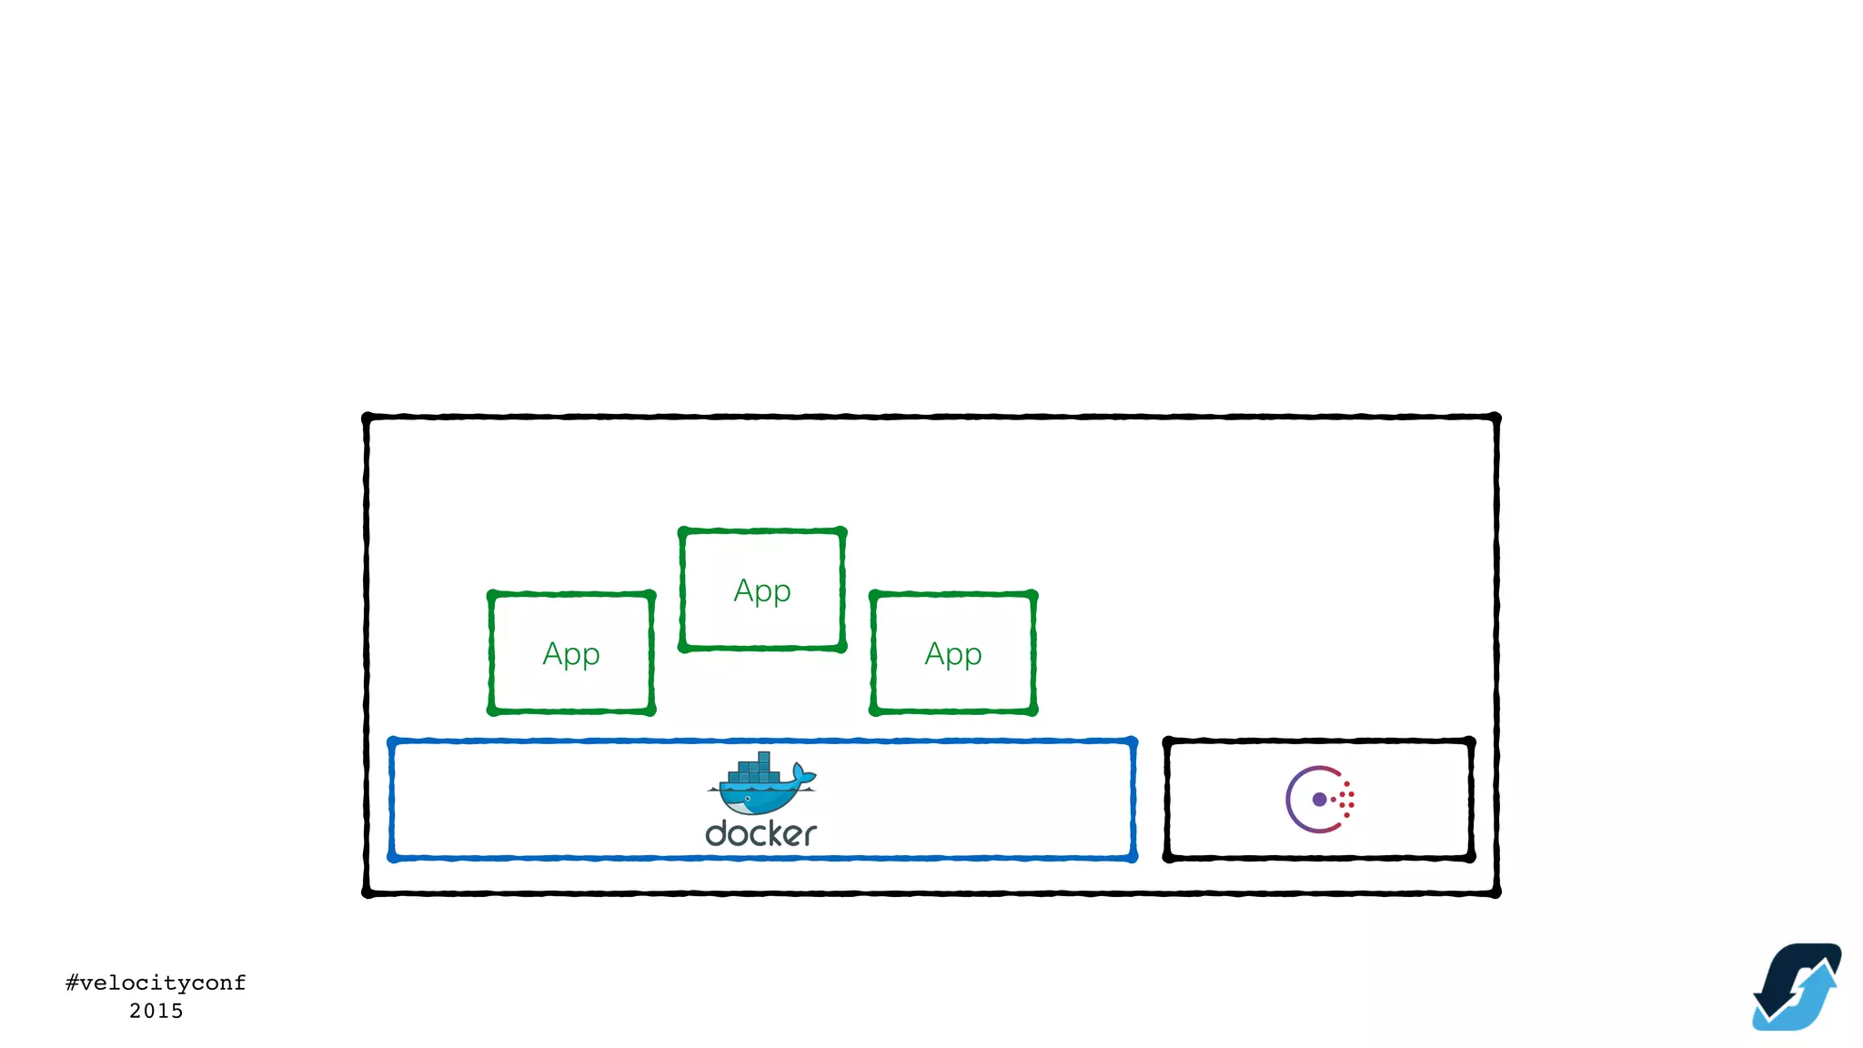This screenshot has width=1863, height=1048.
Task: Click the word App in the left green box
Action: tap(571, 654)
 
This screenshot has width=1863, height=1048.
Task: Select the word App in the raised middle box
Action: tap(762, 591)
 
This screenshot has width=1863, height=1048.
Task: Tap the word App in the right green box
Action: tap(953, 654)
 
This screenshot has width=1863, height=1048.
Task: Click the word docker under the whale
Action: tap(760, 833)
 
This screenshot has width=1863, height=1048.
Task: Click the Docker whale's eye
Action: tap(747, 798)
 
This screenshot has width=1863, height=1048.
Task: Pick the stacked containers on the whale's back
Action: tap(755, 770)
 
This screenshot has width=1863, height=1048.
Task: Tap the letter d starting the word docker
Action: tap(717, 832)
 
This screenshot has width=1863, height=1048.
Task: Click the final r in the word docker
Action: tap(809, 834)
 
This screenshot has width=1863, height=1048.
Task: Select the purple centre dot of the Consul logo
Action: tap(1319, 800)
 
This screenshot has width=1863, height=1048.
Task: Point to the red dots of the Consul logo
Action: tap(1346, 800)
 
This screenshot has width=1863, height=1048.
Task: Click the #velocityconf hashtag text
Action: tap(156, 982)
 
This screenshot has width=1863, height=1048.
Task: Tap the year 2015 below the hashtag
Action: tap(156, 1011)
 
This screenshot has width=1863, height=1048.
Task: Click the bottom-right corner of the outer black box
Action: tap(1495, 893)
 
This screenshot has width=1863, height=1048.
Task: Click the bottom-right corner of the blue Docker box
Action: tap(1133, 856)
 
